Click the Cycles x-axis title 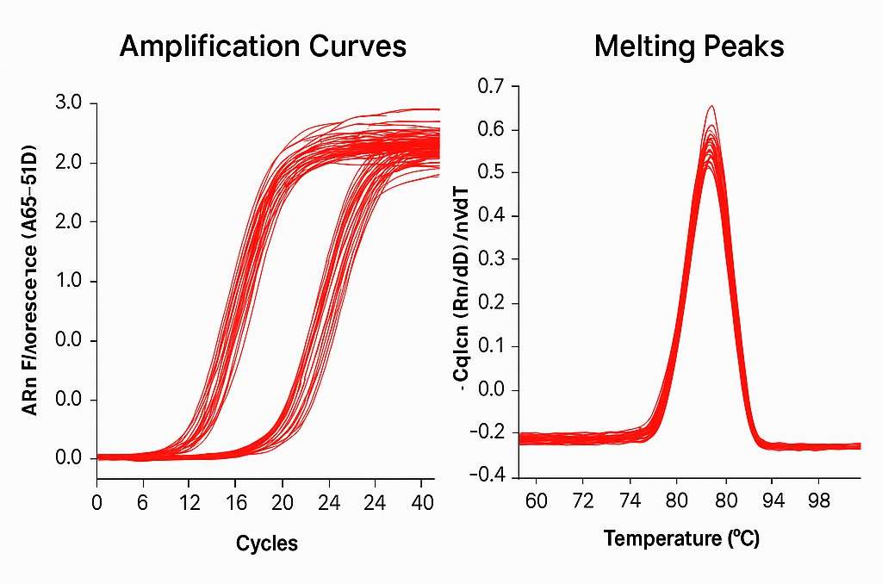pyautogui.click(x=267, y=544)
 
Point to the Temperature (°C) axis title pyautogui.click(x=681, y=539)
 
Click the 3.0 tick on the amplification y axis pyautogui.click(x=68, y=103)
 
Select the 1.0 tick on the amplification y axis pyautogui.click(x=68, y=282)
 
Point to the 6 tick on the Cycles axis pyautogui.click(x=143, y=500)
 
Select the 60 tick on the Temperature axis pyautogui.click(x=536, y=500)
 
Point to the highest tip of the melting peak pyautogui.click(x=711, y=107)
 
